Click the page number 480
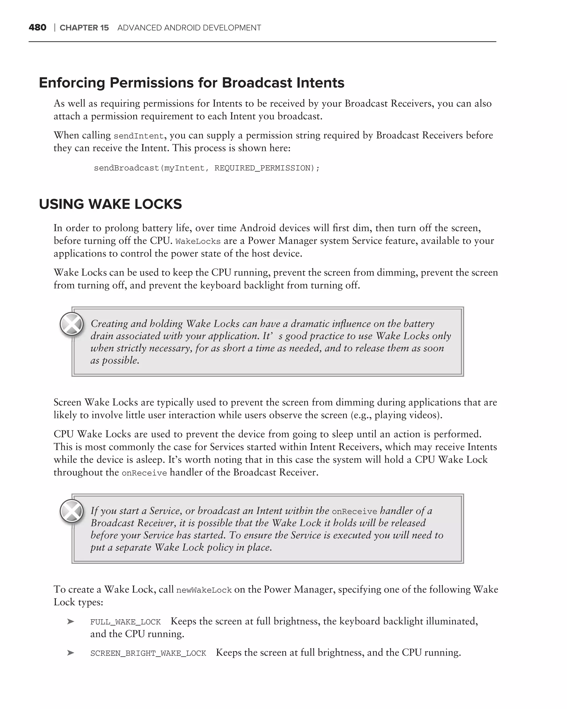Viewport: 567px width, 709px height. click(x=37, y=28)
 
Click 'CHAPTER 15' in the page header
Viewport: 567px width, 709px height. click(x=84, y=28)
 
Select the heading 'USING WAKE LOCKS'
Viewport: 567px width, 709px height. click(x=110, y=204)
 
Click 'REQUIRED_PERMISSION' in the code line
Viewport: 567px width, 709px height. click(x=262, y=168)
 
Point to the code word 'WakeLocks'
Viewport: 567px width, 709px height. click(x=198, y=242)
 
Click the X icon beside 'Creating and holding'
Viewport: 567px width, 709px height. click(x=72, y=324)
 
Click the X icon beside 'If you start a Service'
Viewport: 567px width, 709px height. click(x=72, y=511)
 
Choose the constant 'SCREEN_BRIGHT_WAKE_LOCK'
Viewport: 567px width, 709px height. click(x=148, y=653)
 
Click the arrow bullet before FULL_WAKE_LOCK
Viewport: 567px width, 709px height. click(x=70, y=621)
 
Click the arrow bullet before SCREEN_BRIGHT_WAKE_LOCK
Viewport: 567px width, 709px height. click(x=70, y=653)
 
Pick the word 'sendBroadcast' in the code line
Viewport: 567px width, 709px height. click(x=126, y=168)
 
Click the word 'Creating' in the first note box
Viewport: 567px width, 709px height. click(x=109, y=323)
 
